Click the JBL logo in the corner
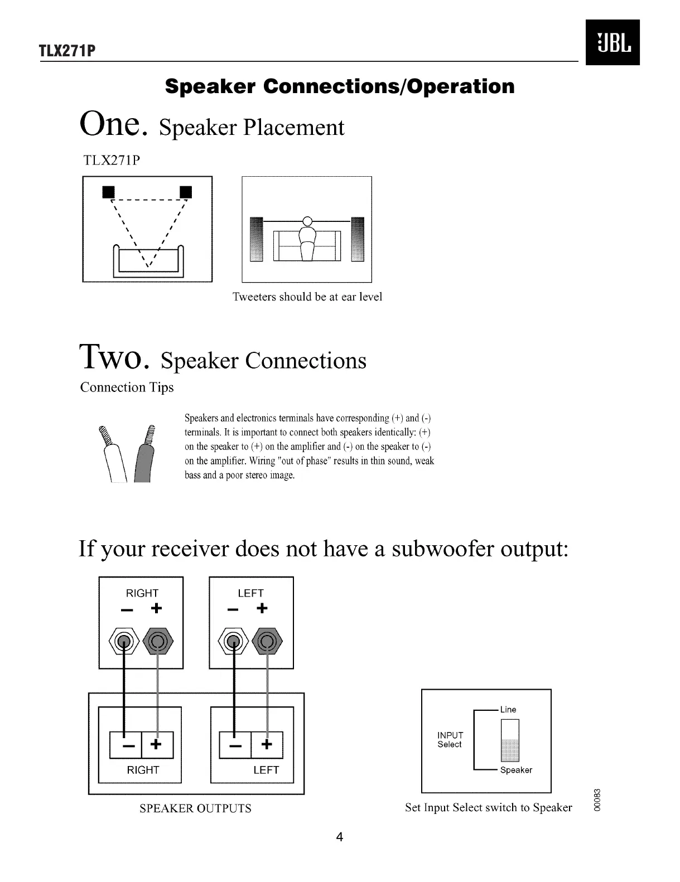coord(612,42)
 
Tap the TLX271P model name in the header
coord(67,51)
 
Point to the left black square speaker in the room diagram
coord(108,192)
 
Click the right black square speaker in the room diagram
coord(186,192)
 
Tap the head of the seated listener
coord(307,221)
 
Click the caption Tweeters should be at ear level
coord(307,297)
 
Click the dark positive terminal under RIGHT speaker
coord(158,642)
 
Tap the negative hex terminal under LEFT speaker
coord(234,642)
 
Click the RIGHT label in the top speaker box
coord(142,593)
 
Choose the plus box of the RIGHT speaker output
coord(157,744)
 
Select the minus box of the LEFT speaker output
coord(235,744)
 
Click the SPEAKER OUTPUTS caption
coord(195,808)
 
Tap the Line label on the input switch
coord(508,710)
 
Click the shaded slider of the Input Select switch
coord(510,750)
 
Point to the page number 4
coord(340,837)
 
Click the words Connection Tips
coord(127,387)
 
